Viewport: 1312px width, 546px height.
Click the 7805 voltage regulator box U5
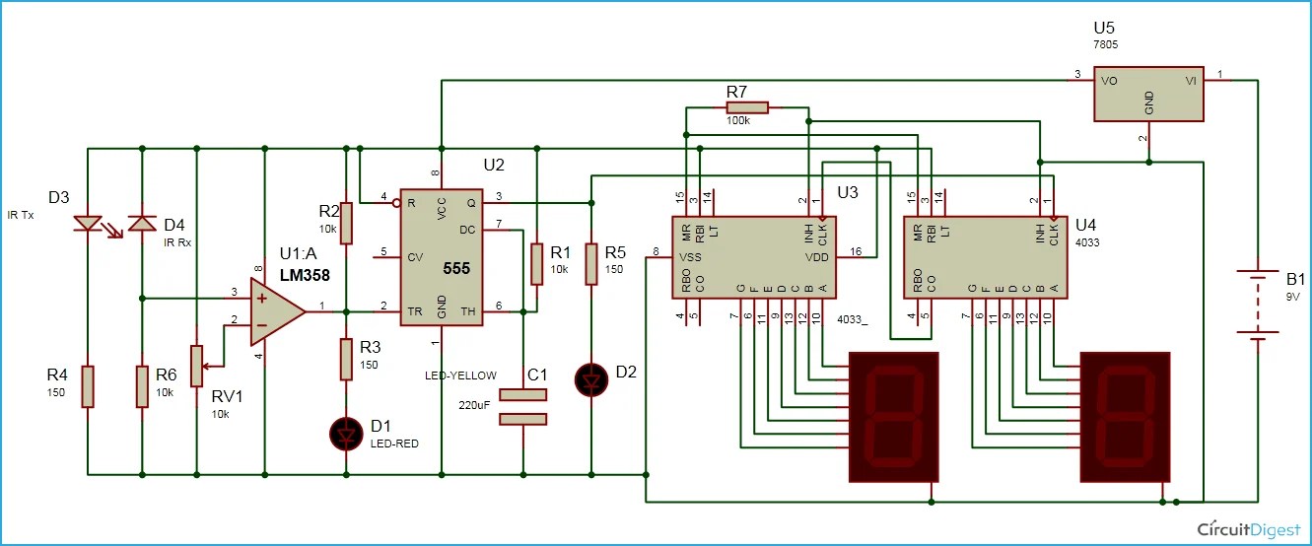pos(1148,95)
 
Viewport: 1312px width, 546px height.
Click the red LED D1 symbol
pos(346,431)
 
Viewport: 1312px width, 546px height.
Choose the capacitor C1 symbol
pos(522,406)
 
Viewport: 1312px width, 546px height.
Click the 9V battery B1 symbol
pos(1257,305)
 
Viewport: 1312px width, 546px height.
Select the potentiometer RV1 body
pos(197,365)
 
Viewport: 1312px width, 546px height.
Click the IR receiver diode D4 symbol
pos(142,226)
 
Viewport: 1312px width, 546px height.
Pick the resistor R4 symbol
pos(87,385)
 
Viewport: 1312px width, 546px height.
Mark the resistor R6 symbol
pos(142,385)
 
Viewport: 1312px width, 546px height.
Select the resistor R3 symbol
pos(346,359)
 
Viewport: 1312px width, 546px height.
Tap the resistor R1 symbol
pos(536,262)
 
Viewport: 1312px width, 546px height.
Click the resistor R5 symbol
pos(590,263)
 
